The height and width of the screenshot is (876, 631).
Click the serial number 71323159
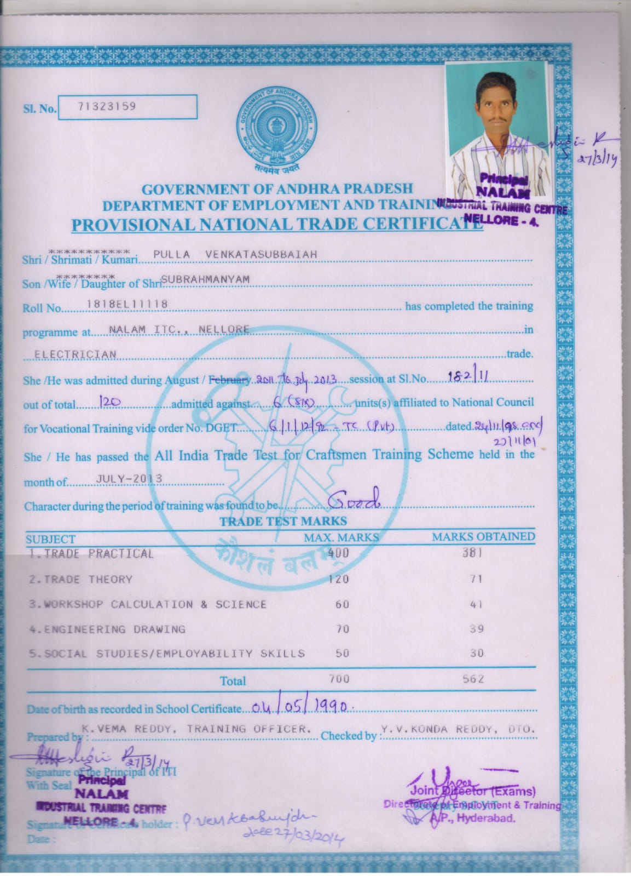[107, 107]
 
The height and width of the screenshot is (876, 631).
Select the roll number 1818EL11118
[128, 304]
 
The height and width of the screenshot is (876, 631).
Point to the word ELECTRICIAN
[76, 354]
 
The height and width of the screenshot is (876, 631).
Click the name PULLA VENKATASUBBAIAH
[235, 254]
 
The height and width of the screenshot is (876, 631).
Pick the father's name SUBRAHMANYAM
[206, 279]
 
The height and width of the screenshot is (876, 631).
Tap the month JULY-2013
[129, 478]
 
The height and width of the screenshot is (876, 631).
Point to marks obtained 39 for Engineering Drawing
[476, 629]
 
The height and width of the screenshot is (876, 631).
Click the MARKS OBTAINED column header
[483, 537]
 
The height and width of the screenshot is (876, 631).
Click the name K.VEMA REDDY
[129, 729]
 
